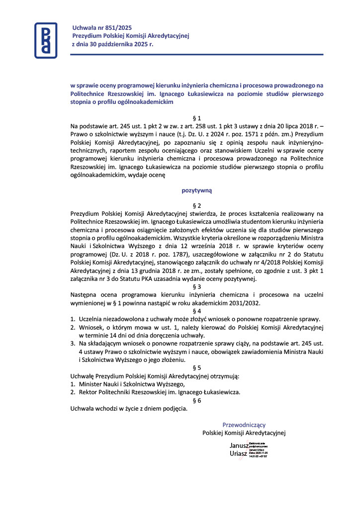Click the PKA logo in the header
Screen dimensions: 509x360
(45, 40)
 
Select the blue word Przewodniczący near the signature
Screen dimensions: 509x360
(244, 425)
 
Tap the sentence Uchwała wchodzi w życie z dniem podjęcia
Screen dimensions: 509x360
(129, 409)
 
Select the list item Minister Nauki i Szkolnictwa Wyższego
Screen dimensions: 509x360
(131, 384)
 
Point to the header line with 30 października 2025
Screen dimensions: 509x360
(113, 44)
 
